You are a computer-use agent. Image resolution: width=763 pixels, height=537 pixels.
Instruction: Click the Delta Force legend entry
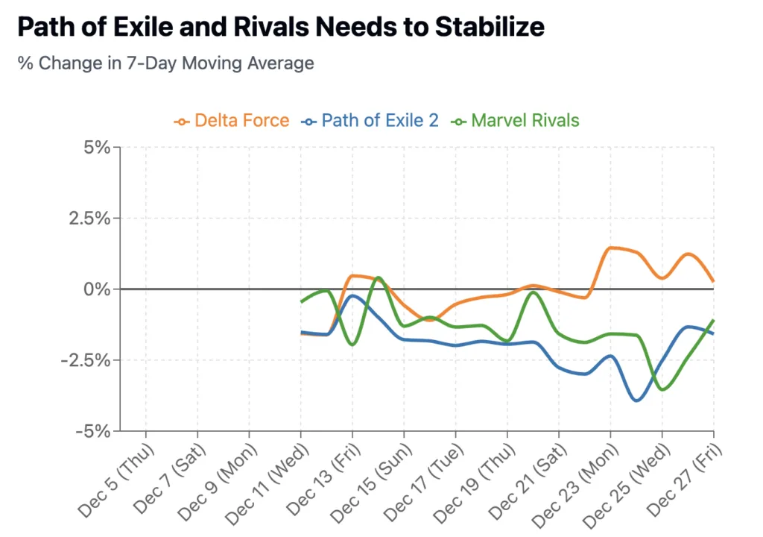pyautogui.click(x=232, y=120)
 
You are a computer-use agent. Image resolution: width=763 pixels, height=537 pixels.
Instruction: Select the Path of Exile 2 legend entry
pyautogui.click(x=371, y=120)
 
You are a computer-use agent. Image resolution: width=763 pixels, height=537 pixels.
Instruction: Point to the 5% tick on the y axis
pyautogui.click(x=96, y=148)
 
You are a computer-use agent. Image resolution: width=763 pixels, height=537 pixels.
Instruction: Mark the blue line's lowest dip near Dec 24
pyautogui.click(x=637, y=401)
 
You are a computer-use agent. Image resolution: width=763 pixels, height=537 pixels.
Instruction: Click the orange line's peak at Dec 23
pyautogui.click(x=611, y=248)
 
